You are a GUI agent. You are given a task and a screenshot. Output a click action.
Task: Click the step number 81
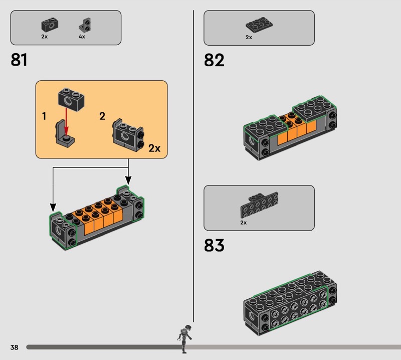[x=19, y=60]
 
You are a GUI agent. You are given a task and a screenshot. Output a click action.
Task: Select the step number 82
[x=214, y=60]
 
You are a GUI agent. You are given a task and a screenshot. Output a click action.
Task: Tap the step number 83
[x=214, y=245]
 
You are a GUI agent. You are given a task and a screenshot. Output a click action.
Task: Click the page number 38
[x=15, y=347]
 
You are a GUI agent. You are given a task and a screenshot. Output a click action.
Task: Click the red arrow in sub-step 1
[x=66, y=121]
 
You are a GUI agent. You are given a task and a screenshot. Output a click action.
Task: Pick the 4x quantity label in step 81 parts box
[x=82, y=37]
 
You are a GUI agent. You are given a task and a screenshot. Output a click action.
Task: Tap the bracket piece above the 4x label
[x=85, y=25]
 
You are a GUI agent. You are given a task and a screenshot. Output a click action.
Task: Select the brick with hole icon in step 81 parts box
[x=50, y=25]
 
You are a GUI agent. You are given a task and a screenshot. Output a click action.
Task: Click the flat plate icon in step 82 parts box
[x=259, y=25]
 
